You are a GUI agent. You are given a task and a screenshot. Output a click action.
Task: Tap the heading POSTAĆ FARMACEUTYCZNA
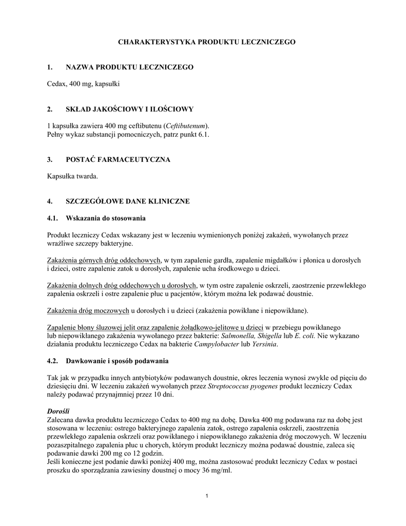[118, 160]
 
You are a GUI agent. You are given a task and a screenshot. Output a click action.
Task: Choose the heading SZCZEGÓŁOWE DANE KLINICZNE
[128, 201]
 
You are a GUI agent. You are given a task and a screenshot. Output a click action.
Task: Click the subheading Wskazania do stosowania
[106, 218]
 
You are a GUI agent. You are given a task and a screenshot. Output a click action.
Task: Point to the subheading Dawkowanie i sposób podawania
[117, 361]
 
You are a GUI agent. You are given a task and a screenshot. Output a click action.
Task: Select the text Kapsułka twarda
[72, 176]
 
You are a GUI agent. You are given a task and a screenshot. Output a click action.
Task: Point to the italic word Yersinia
[262, 344]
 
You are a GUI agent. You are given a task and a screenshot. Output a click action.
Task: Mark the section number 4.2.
[53, 361]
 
